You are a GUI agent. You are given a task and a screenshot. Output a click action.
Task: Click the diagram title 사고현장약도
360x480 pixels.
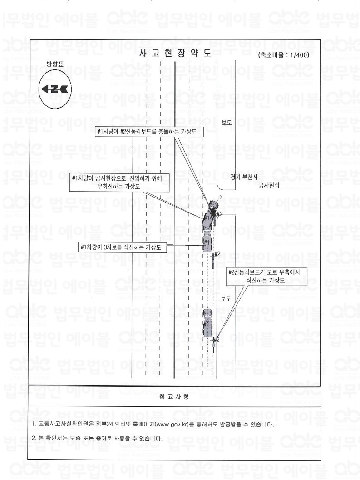click(x=175, y=53)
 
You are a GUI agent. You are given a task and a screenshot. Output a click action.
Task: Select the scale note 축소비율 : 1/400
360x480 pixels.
click(x=283, y=55)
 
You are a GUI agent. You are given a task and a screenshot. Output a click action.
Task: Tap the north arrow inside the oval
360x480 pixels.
click(x=55, y=89)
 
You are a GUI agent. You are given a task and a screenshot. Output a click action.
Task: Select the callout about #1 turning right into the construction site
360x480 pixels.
click(x=119, y=183)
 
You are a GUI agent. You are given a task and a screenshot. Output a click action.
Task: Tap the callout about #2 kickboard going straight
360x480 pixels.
click(x=266, y=277)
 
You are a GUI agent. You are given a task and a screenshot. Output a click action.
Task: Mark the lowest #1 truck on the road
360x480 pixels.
click(x=207, y=323)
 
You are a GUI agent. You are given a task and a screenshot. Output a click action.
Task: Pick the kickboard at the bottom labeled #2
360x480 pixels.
click(x=214, y=343)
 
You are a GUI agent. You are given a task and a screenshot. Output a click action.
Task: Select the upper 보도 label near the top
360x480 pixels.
click(x=226, y=123)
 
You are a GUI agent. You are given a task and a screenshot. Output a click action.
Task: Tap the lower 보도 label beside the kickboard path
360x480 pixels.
click(x=226, y=299)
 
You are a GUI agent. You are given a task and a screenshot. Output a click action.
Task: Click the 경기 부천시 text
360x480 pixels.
click(x=244, y=177)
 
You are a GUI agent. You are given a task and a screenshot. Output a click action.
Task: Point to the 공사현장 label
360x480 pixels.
click(x=269, y=185)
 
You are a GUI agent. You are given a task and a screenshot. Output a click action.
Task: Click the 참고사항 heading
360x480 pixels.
click(x=174, y=397)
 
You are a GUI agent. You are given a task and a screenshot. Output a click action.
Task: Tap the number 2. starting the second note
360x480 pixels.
click(x=34, y=438)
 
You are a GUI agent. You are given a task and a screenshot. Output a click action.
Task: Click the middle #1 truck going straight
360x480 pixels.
click(x=207, y=242)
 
